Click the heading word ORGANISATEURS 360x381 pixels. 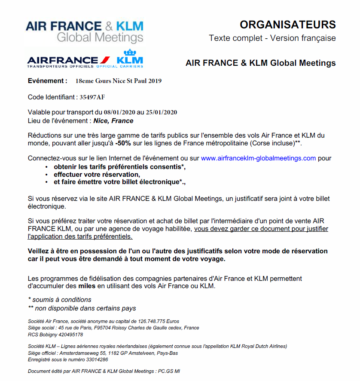click(x=287, y=25)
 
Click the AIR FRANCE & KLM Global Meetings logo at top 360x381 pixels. click(x=85, y=31)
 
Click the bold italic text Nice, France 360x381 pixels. click(x=113, y=121)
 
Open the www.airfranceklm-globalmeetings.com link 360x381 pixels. click(x=258, y=158)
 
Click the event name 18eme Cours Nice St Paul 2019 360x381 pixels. click(x=119, y=81)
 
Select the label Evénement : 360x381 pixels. click(x=47, y=81)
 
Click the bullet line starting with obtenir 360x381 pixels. click(x=120, y=166)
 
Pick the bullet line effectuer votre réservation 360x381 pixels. click(x=97, y=174)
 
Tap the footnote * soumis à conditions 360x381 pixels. click(x=59, y=300)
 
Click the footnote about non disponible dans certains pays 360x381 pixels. click(x=82, y=308)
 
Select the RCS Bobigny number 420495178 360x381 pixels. click(x=68, y=334)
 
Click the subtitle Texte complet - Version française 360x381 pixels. click(x=272, y=38)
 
